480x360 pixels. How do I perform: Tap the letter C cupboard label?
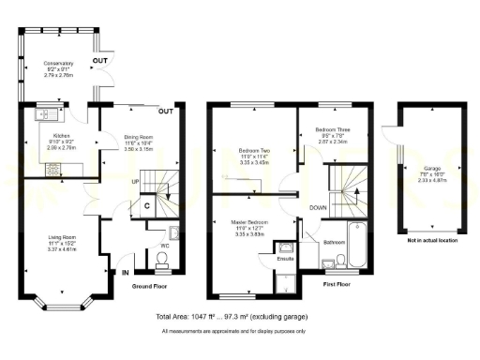click(x=148, y=205)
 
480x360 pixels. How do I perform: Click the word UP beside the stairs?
click(x=136, y=182)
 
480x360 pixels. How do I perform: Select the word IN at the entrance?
click(x=125, y=273)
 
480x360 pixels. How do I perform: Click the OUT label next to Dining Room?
click(x=166, y=112)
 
